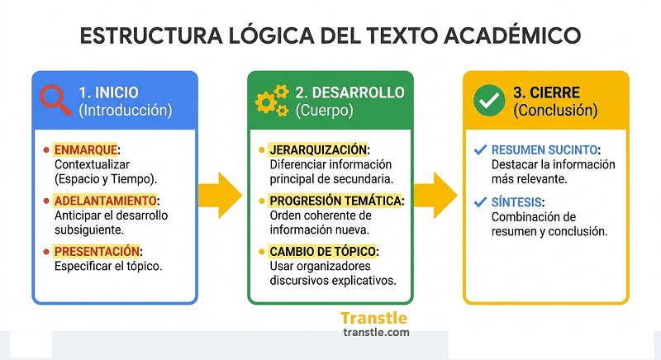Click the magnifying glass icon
pos(55,101)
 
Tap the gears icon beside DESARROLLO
pos(271,100)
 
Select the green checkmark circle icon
pos(488,100)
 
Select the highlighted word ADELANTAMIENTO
pos(104,201)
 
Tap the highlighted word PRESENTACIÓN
pos(97,251)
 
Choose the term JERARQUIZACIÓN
pos(317,150)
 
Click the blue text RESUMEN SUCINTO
pos(544,150)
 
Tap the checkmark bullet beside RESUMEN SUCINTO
pos(479,150)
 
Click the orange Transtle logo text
pos(373,318)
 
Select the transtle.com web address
pos(374,333)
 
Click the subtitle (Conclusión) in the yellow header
pos(554,110)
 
